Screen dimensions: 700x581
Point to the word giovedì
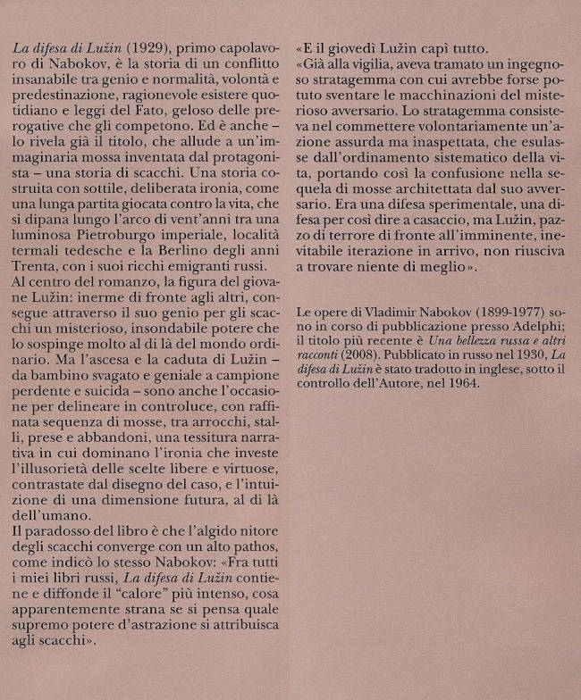pos(358,44)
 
